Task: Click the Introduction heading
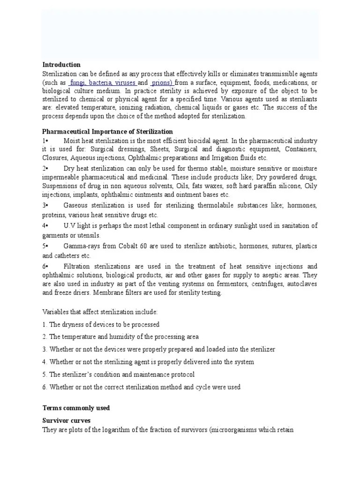pos(61,65)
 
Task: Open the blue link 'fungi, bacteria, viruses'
pos(97,83)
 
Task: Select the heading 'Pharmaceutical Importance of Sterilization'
pos(107,132)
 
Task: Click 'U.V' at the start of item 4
pos(69,226)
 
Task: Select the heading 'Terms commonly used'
pos(76,408)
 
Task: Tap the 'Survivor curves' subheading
pos(67,420)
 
